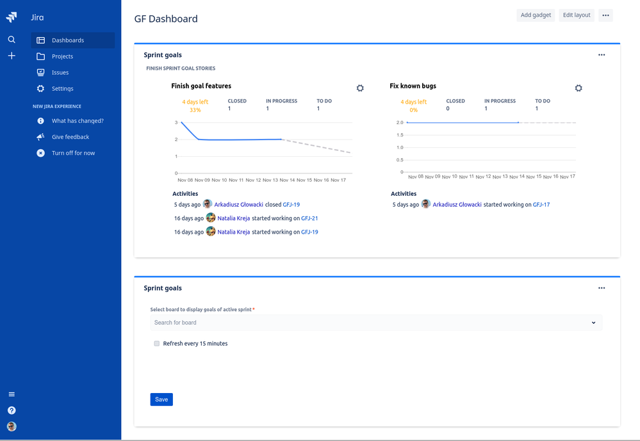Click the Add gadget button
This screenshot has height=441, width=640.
(x=536, y=15)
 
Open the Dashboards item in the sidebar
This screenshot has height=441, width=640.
(x=67, y=40)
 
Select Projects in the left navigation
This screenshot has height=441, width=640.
(x=62, y=56)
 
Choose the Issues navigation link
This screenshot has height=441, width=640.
(x=60, y=72)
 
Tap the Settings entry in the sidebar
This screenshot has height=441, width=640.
(x=62, y=88)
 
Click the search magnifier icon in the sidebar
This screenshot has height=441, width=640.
(x=12, y=40)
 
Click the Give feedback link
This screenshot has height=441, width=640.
(x=70, y=137)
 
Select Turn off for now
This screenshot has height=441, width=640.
(x=73, y=153)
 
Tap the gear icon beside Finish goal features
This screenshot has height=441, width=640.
(x=360, y=88)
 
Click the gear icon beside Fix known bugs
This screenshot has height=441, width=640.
(x=578, y=88)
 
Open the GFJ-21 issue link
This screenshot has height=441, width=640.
(x=309, y=218)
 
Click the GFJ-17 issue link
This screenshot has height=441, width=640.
(x=541, y=205)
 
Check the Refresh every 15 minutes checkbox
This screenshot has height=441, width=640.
(x=156, y=344)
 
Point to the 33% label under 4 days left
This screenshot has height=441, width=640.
(x=195, y=110)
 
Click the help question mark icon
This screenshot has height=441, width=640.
(x=12, y=410)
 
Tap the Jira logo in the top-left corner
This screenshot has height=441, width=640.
(x=12, y=17)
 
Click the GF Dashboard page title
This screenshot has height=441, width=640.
(x=166, y=19)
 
